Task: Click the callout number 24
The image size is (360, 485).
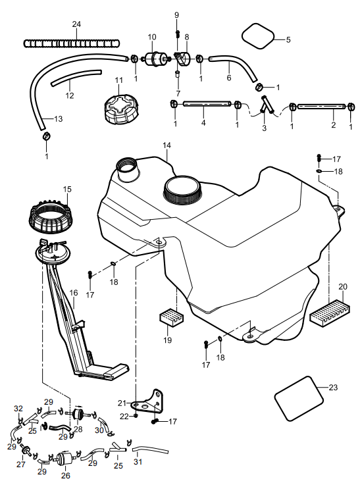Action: pos(76,24)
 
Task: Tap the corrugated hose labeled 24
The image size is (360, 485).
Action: pos(71,43)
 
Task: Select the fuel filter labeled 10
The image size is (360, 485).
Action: pos(153,59)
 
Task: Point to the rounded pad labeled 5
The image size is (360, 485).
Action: pos(257,36)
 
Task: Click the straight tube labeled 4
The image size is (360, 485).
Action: pos(207,103)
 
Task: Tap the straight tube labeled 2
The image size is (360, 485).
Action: pos(321,107)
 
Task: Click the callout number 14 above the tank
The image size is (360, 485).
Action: pos(167,145)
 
